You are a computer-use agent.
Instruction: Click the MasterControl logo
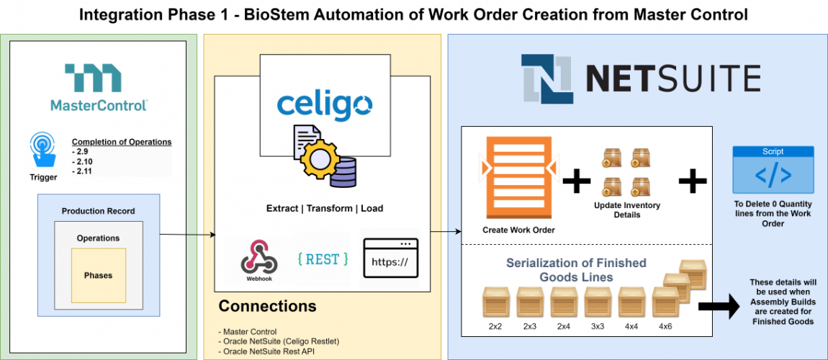[x=99, y=87]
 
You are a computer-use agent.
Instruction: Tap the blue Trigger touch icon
[x=43, y=151]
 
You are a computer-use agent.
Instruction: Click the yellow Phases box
[x=99, y=275]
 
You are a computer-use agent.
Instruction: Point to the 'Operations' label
[x=98, y=238]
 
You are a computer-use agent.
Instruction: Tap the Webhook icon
[x=257, y=256]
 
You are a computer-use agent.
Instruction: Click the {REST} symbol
[x=322, y=258]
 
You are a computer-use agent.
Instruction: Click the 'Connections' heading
[x=267, y=306]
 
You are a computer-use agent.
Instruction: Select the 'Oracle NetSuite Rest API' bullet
[x=266, y=351]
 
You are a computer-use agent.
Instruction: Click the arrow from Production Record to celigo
[x=187, y=235]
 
